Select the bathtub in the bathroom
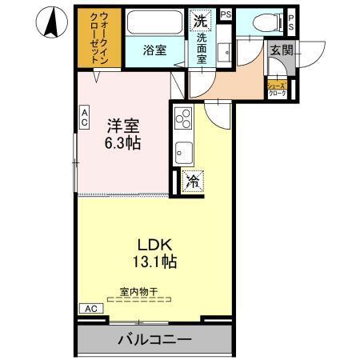click(x=154, y=24)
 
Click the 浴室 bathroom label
click(x=154, y=50)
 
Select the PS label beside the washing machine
click(x=226, y=14)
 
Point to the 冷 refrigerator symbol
click(x=192, y=181)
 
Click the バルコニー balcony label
click(x=155, y=339)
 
